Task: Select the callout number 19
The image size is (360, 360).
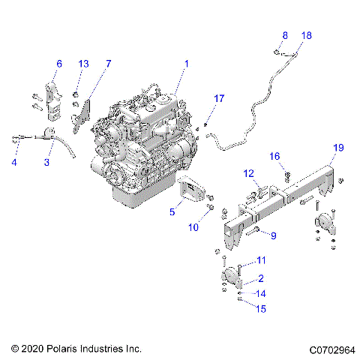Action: click(338, 148)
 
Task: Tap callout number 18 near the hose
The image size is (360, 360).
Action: click(306, 35)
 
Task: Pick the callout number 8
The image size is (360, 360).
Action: click(285, 35)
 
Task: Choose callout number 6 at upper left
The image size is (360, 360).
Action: click(59, 64)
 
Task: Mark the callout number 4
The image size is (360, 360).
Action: click(14, 162)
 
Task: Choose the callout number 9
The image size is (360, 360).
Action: click(273, 235)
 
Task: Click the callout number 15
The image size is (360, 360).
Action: click(261, 308)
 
